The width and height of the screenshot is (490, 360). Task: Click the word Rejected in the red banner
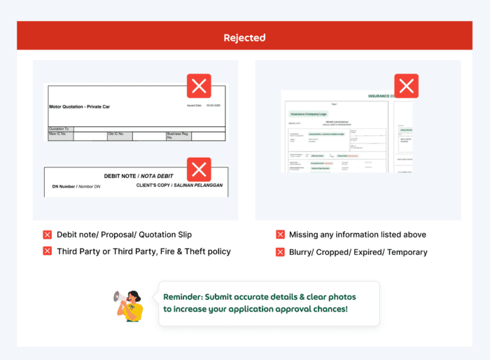click(244, 38)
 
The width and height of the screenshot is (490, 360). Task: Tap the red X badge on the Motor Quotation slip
click(199, 85)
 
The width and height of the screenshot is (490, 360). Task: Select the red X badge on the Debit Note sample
click(199, 168)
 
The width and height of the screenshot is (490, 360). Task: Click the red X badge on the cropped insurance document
click(407, 85)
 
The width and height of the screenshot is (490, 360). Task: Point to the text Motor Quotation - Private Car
click(79, 106)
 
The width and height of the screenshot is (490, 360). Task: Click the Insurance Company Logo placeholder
click(308, 113)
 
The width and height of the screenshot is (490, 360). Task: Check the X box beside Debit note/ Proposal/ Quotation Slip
click(48, 235)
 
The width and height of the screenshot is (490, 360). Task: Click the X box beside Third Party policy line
click(48, 251)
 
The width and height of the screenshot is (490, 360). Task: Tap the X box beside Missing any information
click(280, 235)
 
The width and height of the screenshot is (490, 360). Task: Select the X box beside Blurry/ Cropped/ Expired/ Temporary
click(280, 251)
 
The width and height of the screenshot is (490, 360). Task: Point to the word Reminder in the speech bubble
click(183, 296)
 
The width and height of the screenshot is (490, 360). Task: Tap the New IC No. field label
click(59, 133)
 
